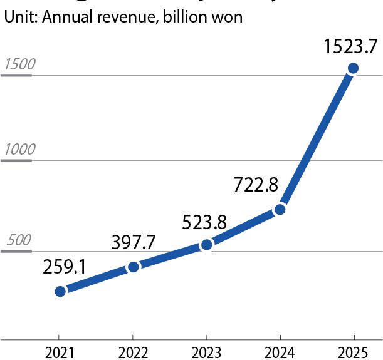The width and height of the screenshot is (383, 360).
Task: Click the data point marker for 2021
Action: tap(60, 291)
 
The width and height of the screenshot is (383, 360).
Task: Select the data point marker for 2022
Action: tap(133, 267)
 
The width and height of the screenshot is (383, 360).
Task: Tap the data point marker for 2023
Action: tap(206, 245)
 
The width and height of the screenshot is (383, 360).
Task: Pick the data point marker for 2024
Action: tap(280, 209)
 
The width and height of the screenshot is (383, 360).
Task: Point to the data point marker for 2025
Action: tap(353, 68)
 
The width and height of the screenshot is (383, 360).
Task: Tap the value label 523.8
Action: tap(204, 221)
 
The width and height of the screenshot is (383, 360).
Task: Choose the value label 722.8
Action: tap(256, 185)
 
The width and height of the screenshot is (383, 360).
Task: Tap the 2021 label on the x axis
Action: tap(59, 352)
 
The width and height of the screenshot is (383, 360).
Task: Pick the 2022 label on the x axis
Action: tap(133, 352)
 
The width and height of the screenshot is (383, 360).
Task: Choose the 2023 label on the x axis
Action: tap(206, 352)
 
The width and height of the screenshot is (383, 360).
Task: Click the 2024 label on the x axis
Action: tap(280, 352)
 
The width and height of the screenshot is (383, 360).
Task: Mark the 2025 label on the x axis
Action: tap(353, 352)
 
